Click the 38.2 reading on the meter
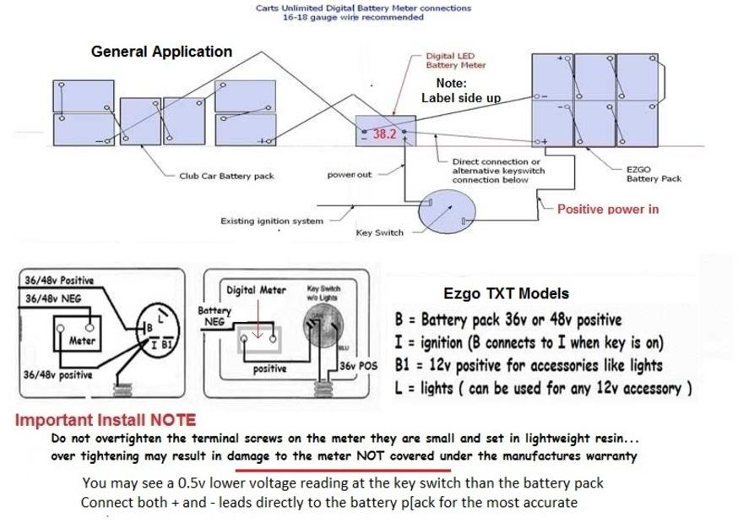pos(384,134)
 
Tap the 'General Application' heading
pos(161,52)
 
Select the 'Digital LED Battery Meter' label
pos(455,61)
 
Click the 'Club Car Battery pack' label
pos(226,177)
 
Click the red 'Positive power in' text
pos(608,209)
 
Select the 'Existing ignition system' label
pos(272,221)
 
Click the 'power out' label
pos(349,176)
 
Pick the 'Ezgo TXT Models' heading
pos(506,294)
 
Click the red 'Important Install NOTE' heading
pos(106,420)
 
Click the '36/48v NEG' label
pos(53,298)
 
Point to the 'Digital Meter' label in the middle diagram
pos(257,290)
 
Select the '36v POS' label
pos(360,366)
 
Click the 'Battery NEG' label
pos(214,316)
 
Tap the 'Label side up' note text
pos(460,98)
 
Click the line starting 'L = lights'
pos(544,389)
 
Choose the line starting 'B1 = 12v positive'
pos(529,366)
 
